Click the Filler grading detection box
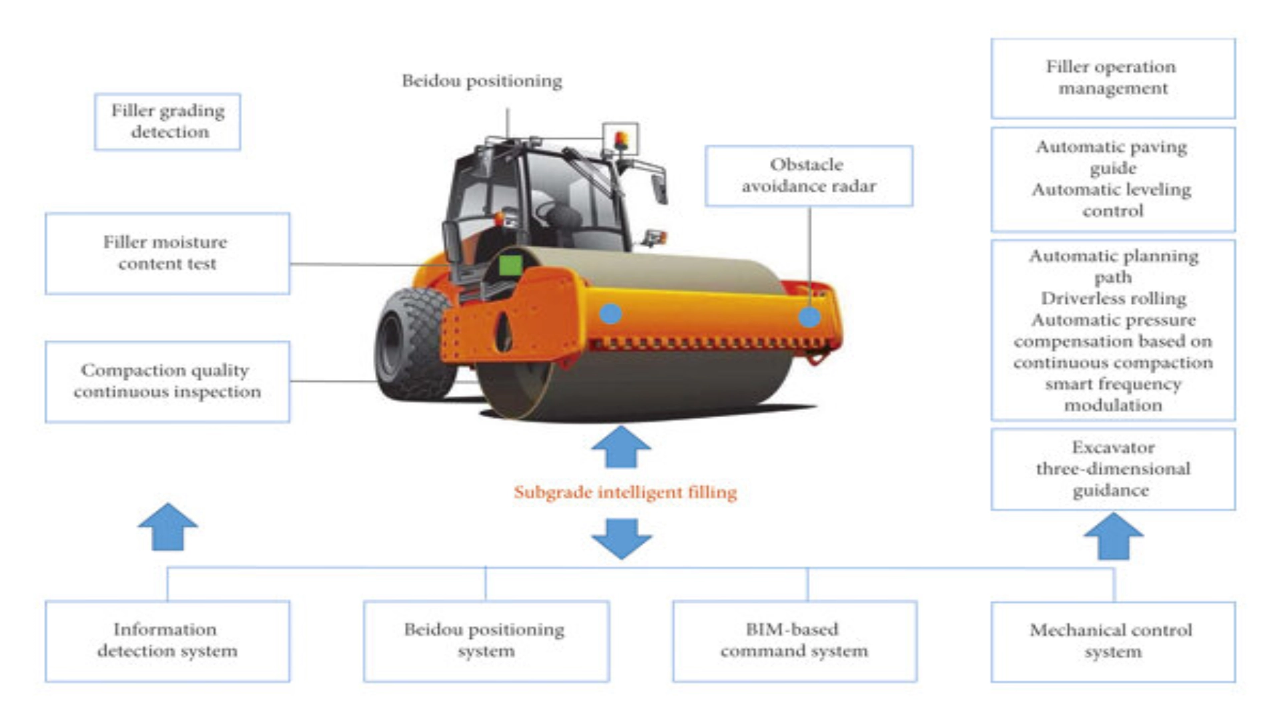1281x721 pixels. (167, 122)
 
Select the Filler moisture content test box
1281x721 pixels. (167, 253)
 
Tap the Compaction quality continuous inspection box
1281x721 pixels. (167, 381)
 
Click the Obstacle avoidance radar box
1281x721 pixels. (809, 176)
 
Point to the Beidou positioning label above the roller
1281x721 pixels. (482, 81)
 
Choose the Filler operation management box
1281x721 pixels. (1113, 78)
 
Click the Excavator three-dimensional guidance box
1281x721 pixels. (1113, 469)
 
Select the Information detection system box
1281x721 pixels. (167, 640)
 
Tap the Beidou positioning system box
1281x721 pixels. (486, 640)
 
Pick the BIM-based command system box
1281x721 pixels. (795, 640)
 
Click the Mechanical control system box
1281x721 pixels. (1113, 641)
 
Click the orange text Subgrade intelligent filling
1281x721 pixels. (625, 493)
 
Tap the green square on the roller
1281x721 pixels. (511, 264)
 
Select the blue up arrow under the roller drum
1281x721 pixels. (621, 447)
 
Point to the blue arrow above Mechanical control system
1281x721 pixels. (1113, 535)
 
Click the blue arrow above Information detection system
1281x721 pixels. (167, 527)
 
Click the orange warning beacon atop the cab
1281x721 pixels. (620, 140)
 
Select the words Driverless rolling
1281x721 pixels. (1113, 298)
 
